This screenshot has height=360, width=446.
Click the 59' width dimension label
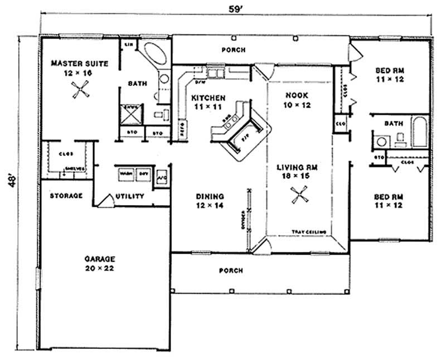(x=234, y=9)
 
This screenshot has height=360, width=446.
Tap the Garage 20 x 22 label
(x=100, y=264)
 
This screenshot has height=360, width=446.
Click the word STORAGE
(x=66, y=196)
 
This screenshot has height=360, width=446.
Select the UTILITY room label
(x=130, y=196)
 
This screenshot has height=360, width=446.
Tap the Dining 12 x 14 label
(x=210, y=201)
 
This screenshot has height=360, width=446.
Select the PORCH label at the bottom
(x=230, y=271)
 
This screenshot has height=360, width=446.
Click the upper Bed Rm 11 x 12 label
(x=389, y=75)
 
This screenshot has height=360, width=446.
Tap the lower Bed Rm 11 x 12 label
(x=389, y=201)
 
